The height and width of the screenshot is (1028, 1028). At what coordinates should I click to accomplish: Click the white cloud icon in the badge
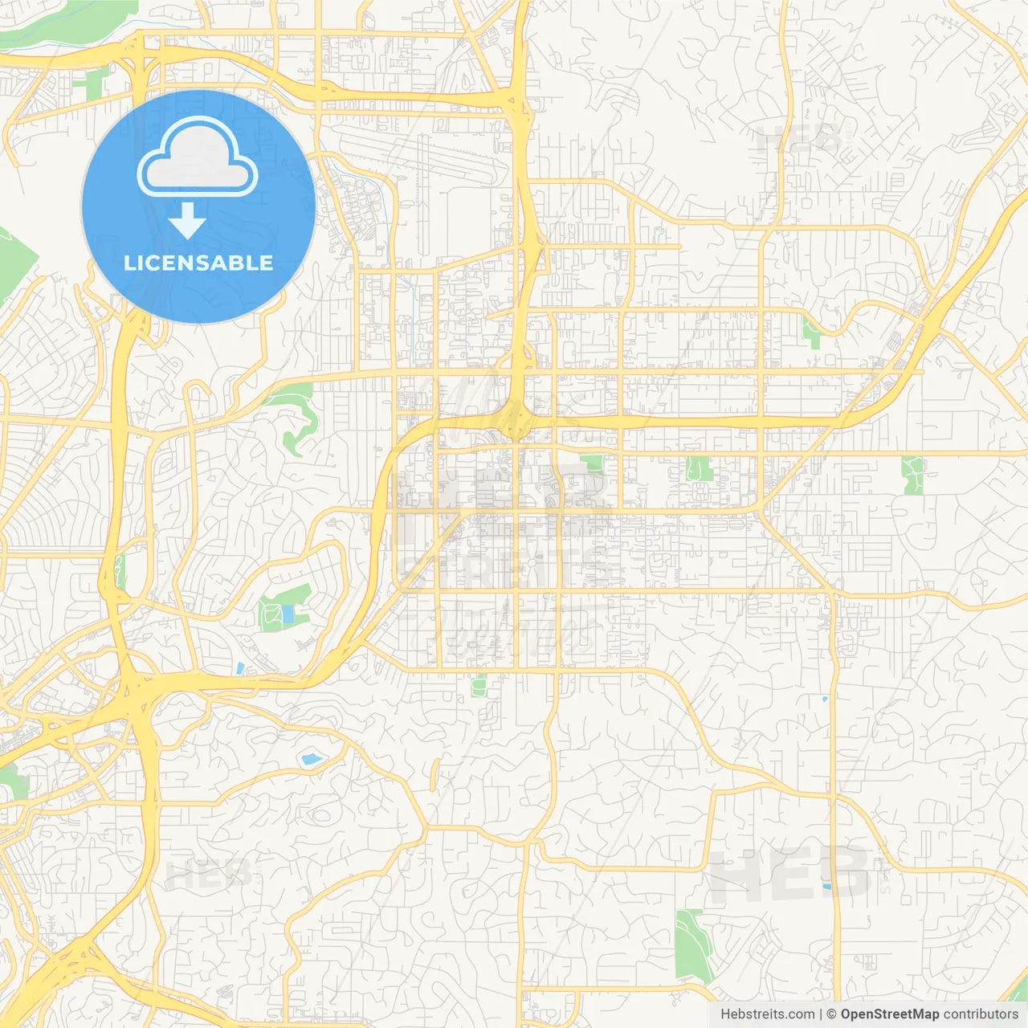point(198,157)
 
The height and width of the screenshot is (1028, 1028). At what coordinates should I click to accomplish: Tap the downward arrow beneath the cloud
point(187,221)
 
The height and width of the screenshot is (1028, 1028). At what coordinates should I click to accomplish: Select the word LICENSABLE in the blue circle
point(198,263)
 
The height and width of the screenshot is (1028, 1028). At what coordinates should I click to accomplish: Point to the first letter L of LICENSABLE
point(129,263)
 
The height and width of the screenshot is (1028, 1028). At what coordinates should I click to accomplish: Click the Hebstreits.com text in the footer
point(767,1014)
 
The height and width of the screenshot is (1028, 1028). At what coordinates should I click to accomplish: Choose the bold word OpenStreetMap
point(889,1014)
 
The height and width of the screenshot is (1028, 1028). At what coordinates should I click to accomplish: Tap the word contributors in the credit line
point(981,1014)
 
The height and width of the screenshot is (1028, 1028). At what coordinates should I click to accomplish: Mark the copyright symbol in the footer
point(831,1014)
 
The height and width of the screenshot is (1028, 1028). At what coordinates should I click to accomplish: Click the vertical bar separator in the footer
point(821,1014)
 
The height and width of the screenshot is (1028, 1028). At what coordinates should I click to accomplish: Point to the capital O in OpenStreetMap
point(846,1014)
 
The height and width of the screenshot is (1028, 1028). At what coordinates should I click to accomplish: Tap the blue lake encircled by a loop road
point(309,758)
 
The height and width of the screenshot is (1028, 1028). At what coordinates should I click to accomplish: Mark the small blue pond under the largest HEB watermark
point(826,887)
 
